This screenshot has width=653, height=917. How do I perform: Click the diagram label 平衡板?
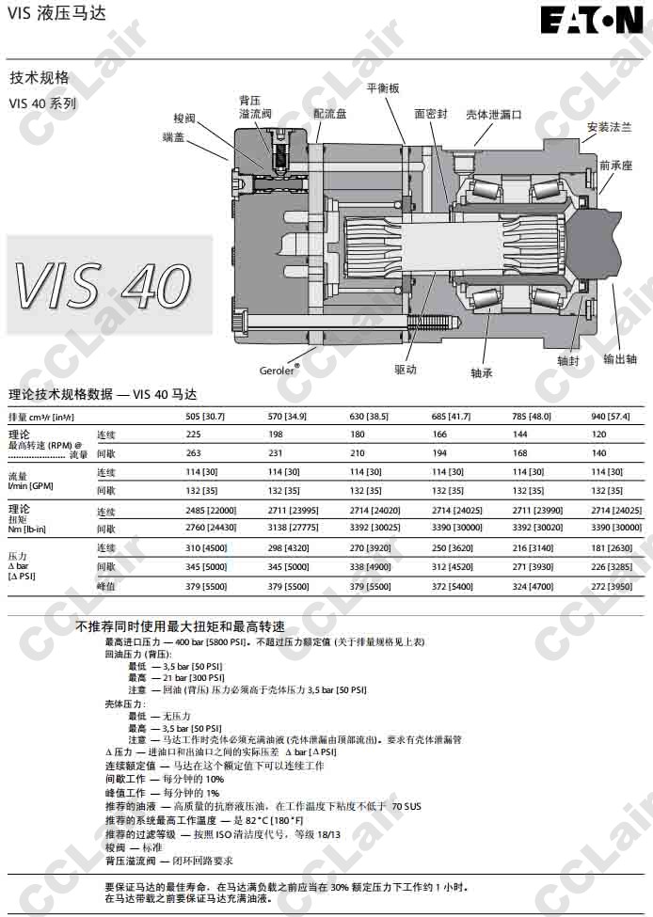pos(383,87)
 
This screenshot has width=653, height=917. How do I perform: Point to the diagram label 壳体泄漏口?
pos(493,114)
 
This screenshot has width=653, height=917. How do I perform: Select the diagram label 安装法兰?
pos(609,127)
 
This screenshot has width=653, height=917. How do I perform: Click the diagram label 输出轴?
pos(619,358)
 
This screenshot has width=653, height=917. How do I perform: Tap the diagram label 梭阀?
pos(184,118)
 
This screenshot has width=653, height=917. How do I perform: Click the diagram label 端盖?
pos(173,137)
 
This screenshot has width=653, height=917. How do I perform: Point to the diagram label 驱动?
pos(406,370)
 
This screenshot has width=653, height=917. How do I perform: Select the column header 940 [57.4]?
pos(611,416)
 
